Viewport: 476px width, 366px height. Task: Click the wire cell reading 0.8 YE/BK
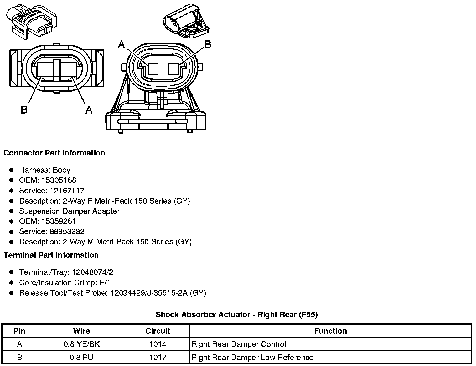81,344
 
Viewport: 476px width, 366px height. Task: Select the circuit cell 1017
158,357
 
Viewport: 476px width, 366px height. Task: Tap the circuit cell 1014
158,344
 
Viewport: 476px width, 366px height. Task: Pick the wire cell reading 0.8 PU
81,357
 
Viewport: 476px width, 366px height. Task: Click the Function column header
330,331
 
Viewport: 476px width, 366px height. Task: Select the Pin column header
19,331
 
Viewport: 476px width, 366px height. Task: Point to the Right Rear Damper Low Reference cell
252,357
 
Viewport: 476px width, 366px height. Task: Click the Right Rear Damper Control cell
239,344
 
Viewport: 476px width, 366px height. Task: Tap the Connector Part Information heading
54,153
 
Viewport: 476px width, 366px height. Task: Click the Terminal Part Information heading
51,255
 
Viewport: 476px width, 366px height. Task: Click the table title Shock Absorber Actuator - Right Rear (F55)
236,314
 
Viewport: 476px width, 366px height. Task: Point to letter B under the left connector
24,110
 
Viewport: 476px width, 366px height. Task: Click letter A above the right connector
122,45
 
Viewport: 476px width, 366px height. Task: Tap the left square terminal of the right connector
153,69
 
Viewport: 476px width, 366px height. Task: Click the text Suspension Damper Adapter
69,211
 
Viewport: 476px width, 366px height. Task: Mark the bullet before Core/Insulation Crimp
12,283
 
